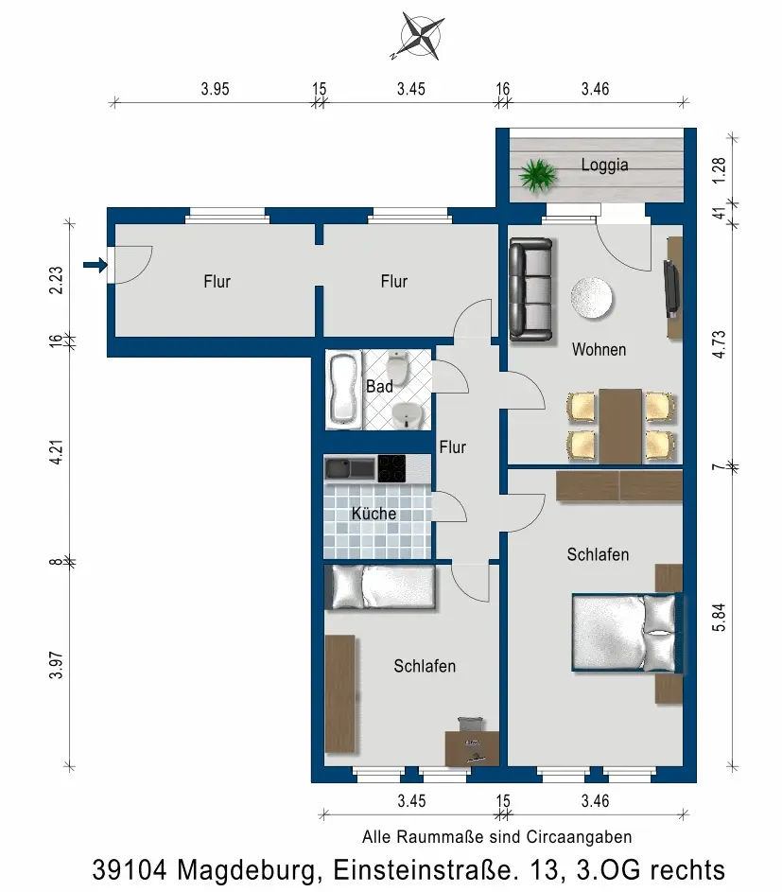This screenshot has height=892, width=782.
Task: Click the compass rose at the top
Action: (422, 36)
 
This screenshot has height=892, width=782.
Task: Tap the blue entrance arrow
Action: (95, 265)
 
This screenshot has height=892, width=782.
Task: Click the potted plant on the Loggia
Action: (537, 175)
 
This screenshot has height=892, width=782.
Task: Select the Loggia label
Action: (604, 165)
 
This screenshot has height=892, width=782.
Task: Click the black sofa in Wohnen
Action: (531, 290)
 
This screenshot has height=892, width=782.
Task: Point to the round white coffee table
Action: (592, 298)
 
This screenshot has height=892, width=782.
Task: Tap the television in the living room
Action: (671, 289)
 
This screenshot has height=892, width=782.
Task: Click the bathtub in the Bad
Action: (343, 390)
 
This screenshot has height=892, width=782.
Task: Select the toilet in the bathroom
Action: (398, 367)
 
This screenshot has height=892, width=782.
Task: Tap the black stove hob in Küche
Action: (391, 468)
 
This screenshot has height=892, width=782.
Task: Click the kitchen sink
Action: (350, 468)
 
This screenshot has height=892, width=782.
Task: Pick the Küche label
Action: (374, 513)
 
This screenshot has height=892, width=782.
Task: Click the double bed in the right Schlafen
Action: (627, 633)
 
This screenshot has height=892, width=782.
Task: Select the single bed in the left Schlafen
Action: (380, 587)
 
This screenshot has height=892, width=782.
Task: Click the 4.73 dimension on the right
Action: (719, 344)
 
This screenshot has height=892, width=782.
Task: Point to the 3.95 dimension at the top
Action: (215, 89)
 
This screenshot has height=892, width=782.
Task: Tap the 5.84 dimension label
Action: (719, 618)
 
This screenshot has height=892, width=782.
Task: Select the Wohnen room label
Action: (599, 349)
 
